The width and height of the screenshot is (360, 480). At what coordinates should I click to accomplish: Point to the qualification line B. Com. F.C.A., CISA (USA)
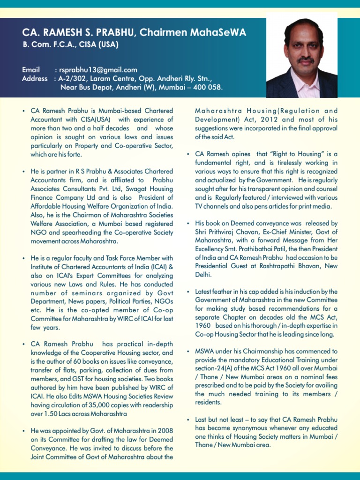pos(70,45)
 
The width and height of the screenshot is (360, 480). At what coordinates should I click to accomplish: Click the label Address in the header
pos(35,78)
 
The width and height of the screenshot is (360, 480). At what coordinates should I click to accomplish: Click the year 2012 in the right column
pos(263,120)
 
